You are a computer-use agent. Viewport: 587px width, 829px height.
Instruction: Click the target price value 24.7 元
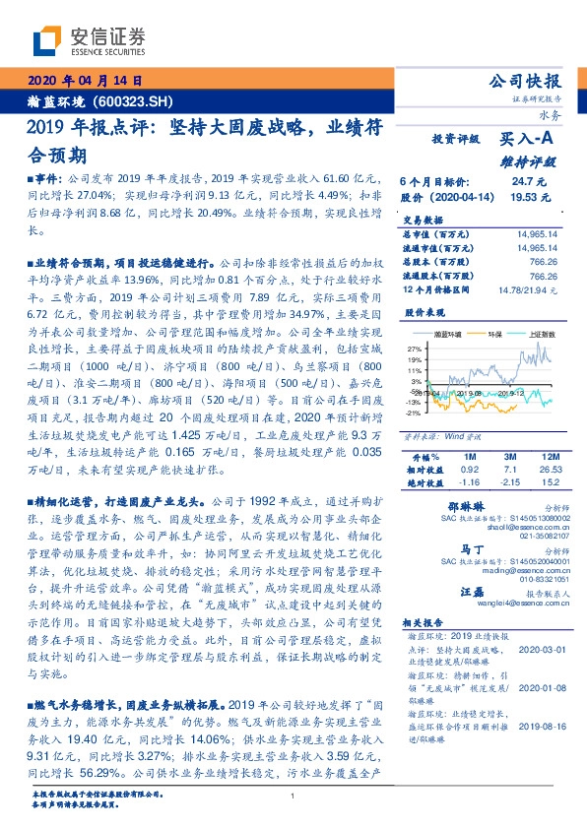click(521, 182)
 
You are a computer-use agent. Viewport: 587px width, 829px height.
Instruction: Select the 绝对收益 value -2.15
click(509, 483)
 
